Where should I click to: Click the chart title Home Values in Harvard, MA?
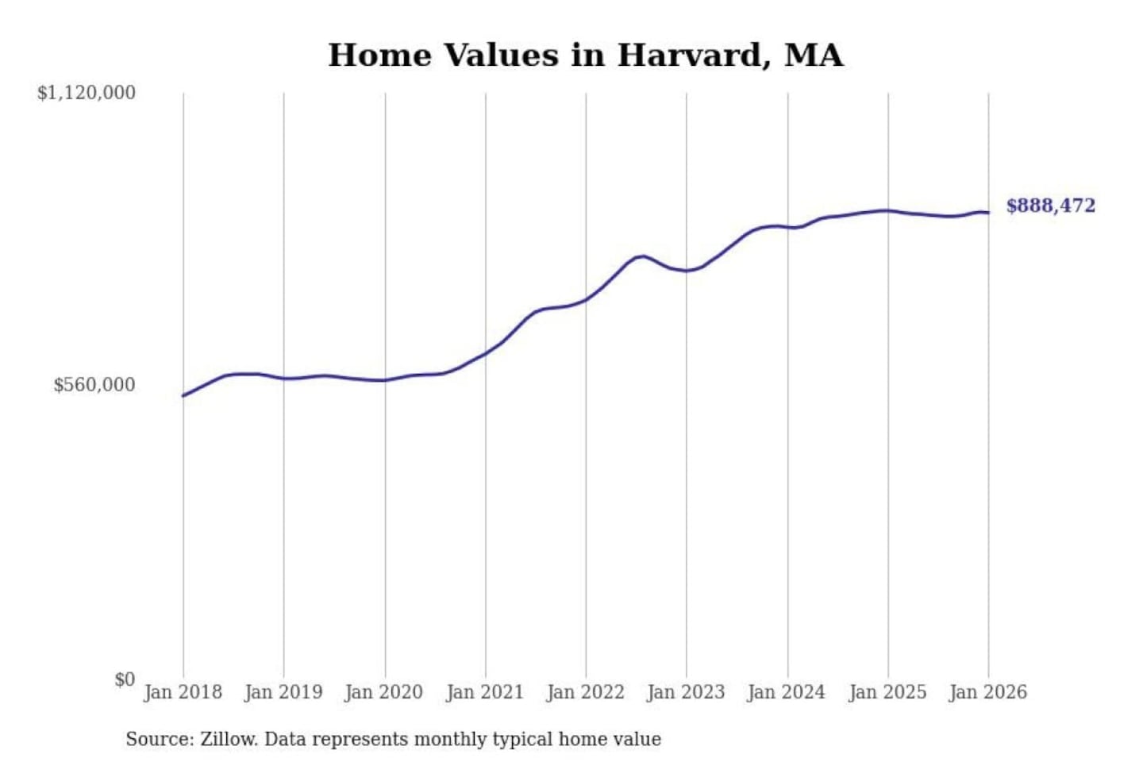click(585, 56)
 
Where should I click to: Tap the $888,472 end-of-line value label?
click(1050, 206)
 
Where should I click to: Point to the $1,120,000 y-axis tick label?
click(87, 93)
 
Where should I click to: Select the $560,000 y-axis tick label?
click(94, 385)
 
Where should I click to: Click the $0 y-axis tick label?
click(125, 679)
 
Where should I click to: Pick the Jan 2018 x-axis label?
click(183, 692)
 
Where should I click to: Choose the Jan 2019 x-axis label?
click(283, 692)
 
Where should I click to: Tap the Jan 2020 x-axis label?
click(384, 692)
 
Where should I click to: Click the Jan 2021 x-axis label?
click(485, 692)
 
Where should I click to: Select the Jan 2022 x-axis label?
click(586, 692)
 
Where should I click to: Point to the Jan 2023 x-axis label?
click(687, 692)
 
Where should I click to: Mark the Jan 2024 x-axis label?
click(787, 692)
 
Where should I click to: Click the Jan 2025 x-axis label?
click(887, 692)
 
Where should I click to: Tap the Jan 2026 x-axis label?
click(988, 692)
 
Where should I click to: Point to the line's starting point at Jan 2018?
click(183, 395)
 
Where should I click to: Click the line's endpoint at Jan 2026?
click(988, 213)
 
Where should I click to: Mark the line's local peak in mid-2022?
click(643, 256)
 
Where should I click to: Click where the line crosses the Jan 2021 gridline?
click(486, 352)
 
